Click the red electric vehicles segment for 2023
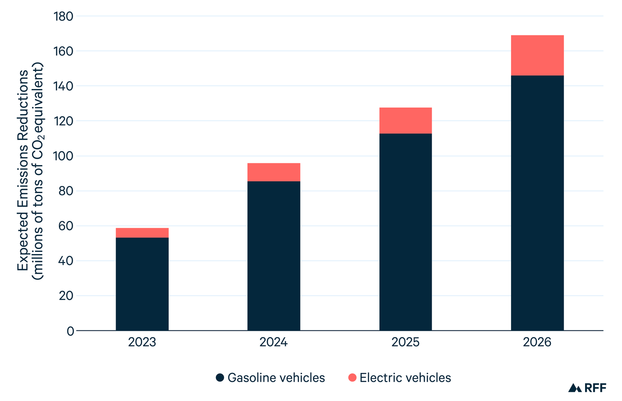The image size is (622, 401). (x=142, y=233)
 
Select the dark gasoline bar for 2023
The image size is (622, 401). (x=142, y=284)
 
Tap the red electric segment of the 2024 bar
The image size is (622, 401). (x=274, y=172)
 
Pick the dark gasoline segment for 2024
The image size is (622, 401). (x=274, y=256)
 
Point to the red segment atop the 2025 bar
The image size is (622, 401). (x=405, y=121)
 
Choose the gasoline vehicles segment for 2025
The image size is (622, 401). (x=405, y=232)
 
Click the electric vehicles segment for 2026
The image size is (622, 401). (x=537, y=55)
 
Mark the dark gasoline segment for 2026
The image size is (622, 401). (x=537, y=203)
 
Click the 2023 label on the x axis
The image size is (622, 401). (x=142, y=342)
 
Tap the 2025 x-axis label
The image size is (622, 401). (x=405, y=342)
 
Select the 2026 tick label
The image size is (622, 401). (x=537, y=342)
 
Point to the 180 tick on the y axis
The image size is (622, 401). (x=63, y=16)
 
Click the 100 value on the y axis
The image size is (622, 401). (x=63, y=156)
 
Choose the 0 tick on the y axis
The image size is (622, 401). (x=70, y=331)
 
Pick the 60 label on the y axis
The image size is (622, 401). (x=66, y=226)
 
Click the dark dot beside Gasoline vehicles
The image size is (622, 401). (x=220, y=377)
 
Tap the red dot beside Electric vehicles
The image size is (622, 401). (x=352, y=377)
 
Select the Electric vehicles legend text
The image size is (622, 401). (x=405, y=377)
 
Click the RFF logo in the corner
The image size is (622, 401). (x=587, y=388)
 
